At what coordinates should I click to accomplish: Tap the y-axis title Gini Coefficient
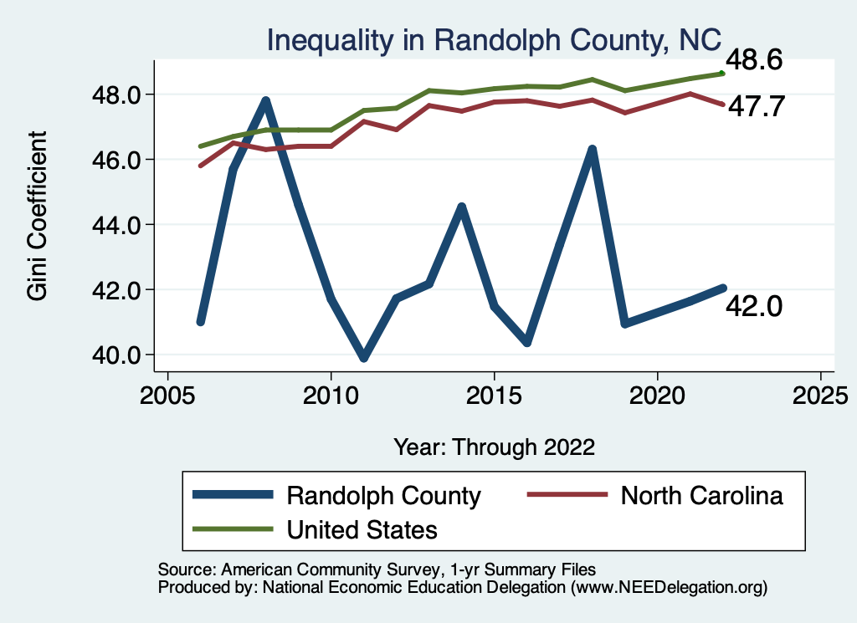tap(38, 216)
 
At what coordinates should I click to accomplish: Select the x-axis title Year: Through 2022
tap(494, 447)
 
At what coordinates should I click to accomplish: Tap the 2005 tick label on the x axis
tap(168, 394)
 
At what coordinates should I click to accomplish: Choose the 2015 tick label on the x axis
tap(495, 394)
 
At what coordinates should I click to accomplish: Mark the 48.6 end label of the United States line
tap(754, 61)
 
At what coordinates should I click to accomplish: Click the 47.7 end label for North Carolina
tap(754, 106)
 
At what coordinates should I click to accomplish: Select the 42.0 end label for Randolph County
tap(754, 307)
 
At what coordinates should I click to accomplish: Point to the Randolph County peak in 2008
tap(266, 101)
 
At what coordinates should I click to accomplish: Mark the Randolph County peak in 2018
tap(593, 151)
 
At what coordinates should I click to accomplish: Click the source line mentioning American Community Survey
tap(377, 569)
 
